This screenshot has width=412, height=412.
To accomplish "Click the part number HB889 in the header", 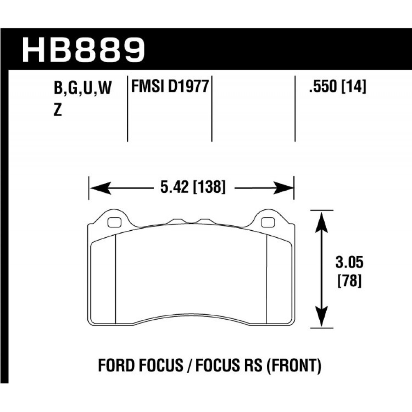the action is pos(83,50).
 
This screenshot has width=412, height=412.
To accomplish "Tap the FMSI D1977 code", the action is pos(170,86).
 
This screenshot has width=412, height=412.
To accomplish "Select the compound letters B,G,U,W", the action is pos(83,88).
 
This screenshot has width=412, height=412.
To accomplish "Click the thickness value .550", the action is pos(323,86).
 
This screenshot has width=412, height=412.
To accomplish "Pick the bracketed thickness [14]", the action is pos(353,87).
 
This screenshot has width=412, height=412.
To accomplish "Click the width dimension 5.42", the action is pos(174,187).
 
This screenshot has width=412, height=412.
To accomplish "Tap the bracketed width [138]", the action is pos(209,187).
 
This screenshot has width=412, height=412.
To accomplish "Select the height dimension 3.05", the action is pos(349,262).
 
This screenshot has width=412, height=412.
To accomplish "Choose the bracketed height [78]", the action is pos(349,281).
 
